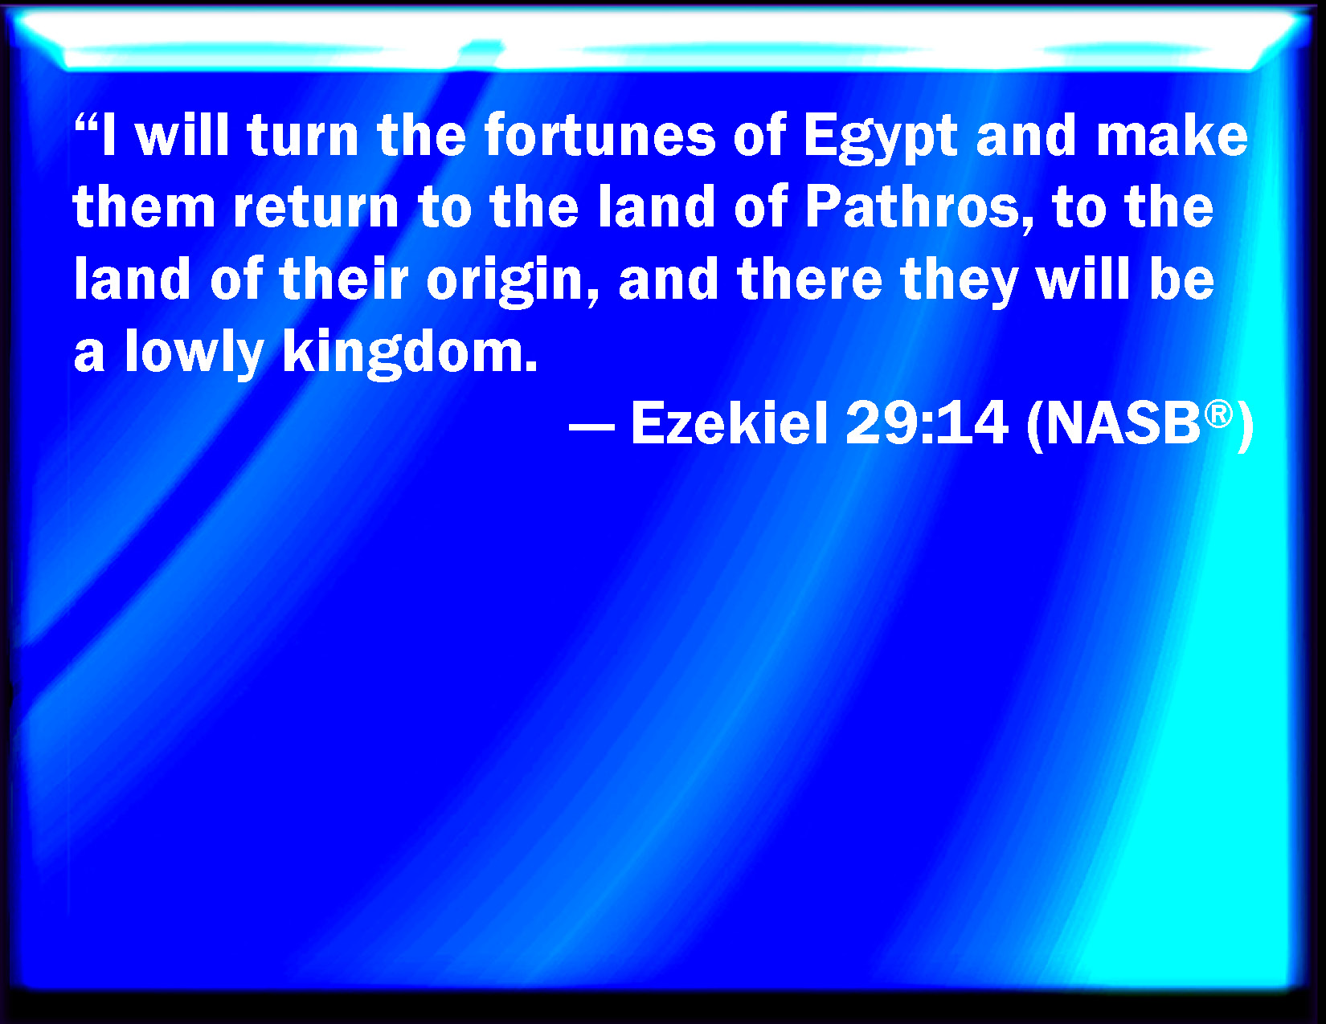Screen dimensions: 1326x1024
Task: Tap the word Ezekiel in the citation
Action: pyautogui.click(x=729, y=423)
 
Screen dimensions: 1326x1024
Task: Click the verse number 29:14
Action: pyautogui.click(x=927, y=423)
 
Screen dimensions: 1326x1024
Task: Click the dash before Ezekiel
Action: pyautogui.click(x=591, y=427)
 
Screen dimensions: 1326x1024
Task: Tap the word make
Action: pyautogui.click(x=1172, y=135)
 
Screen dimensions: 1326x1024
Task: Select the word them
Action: pyautogui.click(x=144, y=206)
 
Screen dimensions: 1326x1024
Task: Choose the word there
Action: pyautogui.click(x=810, y=280)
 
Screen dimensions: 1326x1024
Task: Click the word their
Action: pyautogui.click(x=343, y=280)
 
